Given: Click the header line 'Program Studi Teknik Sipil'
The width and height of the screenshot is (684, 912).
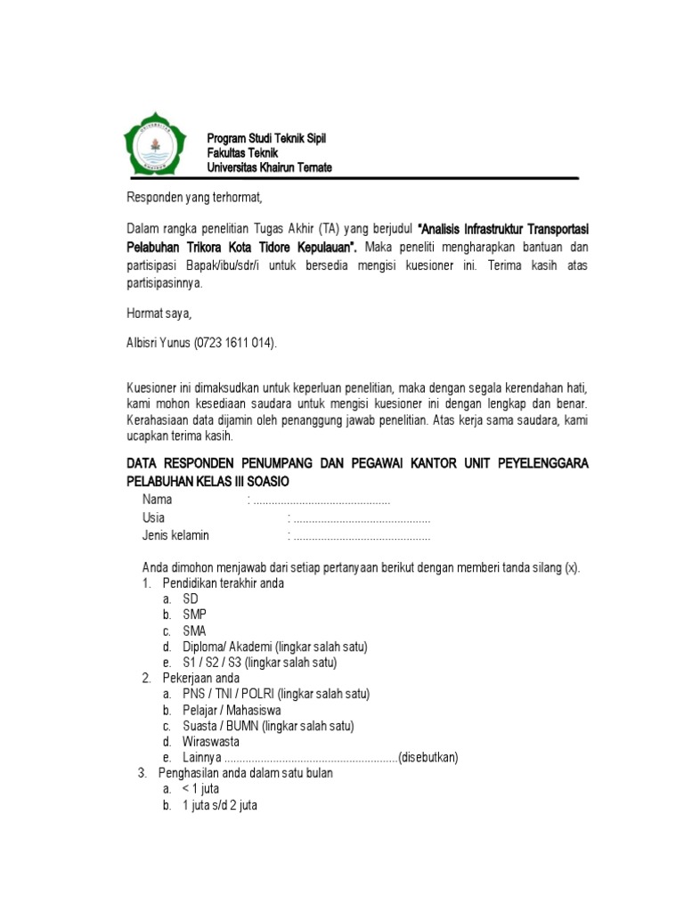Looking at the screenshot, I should [x=266, y=138].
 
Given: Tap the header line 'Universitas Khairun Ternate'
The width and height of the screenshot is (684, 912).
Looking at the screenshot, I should [x=269, y=167].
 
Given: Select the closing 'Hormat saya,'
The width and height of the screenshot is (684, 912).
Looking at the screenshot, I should [x=158, y=313].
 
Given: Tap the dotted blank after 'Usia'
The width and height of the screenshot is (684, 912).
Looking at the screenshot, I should [x=362, y=518].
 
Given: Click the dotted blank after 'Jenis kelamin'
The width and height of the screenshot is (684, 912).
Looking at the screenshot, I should [x=362, y=535].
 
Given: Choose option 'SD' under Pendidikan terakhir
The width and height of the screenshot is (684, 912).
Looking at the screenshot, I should [x=191, y=599].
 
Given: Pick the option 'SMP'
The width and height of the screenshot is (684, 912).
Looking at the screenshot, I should [x=194, y=615].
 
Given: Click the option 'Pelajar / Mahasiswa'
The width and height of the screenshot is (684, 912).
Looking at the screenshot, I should [x=232, y=710].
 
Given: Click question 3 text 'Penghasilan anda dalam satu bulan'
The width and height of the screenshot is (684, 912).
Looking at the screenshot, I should [x=245, y=773].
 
